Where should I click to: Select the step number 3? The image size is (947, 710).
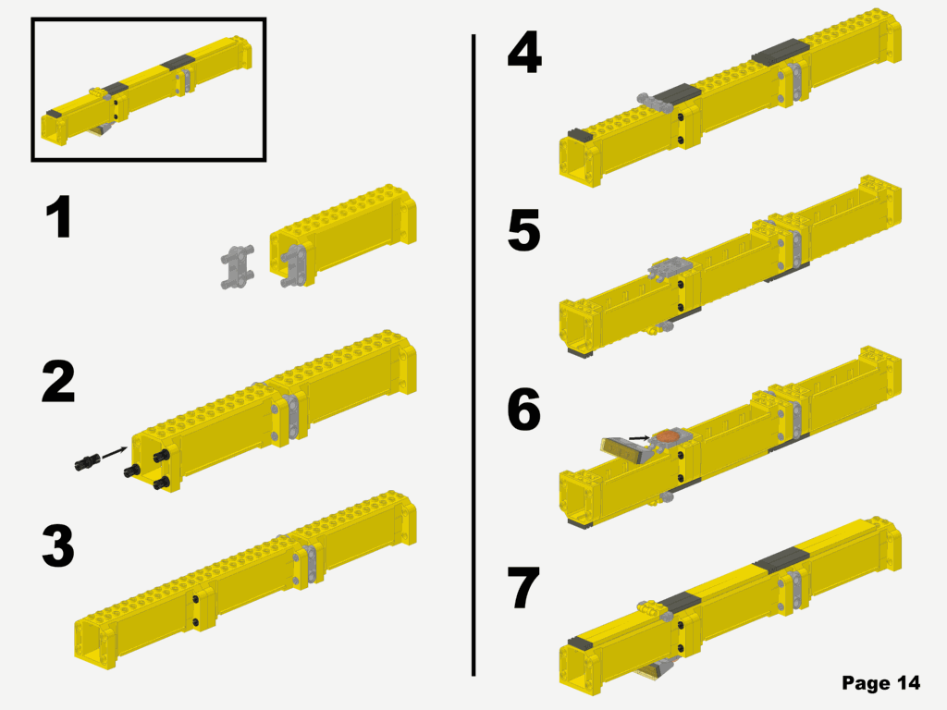point(57,546)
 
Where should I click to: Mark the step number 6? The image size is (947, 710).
point(523,410)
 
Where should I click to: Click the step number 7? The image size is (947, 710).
point(523,589)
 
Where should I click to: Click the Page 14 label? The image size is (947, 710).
point(880,683)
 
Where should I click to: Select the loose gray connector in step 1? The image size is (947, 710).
point(238,268)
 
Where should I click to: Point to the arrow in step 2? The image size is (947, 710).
point(113,451)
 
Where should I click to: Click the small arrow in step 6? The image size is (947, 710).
point(638,437)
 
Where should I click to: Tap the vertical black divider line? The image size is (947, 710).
point(473,351)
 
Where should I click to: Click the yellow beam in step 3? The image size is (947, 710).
point(245,578)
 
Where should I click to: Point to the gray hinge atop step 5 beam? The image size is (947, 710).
point(670,268)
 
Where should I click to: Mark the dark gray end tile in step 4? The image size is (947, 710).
point(578,135)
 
